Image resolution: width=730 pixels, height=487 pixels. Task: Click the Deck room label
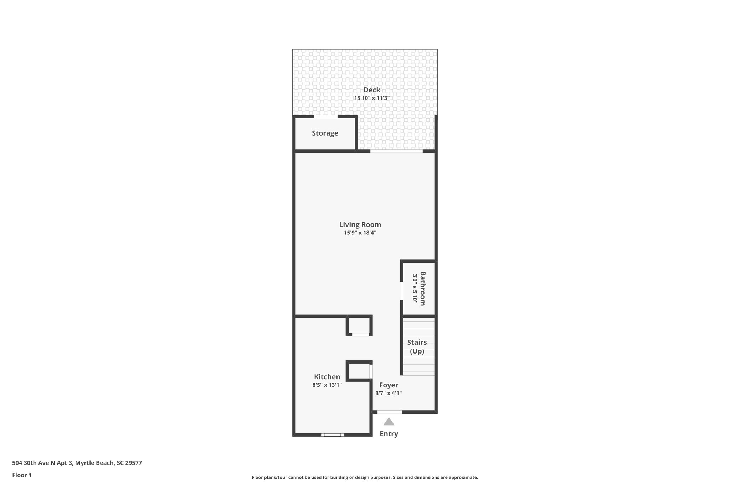pyautogui.click(x=372, y=90)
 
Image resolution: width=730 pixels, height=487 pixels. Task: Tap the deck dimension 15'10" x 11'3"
pyautogui.click(x=371, y=98)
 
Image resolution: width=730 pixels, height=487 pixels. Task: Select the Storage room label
pyautogui.click(x=325, y=133)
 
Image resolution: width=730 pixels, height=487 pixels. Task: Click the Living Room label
pyautogui.click(x=360, y=224)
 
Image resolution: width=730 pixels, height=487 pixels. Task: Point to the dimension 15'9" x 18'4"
pyautogui.click(x=360, y=233)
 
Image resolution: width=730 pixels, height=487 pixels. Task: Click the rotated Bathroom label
pyautogui.click(x=422, y=289)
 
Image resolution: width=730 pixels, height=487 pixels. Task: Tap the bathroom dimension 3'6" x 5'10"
pyautogui.click(x=415, y=289)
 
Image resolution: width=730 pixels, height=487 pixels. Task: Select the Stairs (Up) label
pyautogui.click(x=417, y=346)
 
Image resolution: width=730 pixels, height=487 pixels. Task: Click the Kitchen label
pyautogui.click(x=327, y=377)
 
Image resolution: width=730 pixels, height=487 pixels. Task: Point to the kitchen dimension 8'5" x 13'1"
pyautogui.click(x=327, y=385)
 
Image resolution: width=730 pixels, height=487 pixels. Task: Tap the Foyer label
pyautogui.click(x=389, y=385)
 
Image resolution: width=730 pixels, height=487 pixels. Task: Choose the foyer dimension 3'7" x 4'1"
pyautogui.click(x=389, y=393)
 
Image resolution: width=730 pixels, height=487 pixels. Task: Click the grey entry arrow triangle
pyautogui.click(x=389, y=422)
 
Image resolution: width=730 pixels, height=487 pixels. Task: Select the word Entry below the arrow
pyautogui.click(x=389, y=434)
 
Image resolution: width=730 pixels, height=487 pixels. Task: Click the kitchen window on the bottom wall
pyautogui.click(x=332, y=435)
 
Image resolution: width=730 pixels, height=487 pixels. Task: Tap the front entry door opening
pyautogui.click(x=390, y=412)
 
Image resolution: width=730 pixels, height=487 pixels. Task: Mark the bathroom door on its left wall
pyautogui.click(x=401, y=291)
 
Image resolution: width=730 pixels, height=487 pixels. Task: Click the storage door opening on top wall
pyautogui.click(x=325, y=116)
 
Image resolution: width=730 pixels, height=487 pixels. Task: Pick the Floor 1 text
pyautogui.click(x=22, y=475)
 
